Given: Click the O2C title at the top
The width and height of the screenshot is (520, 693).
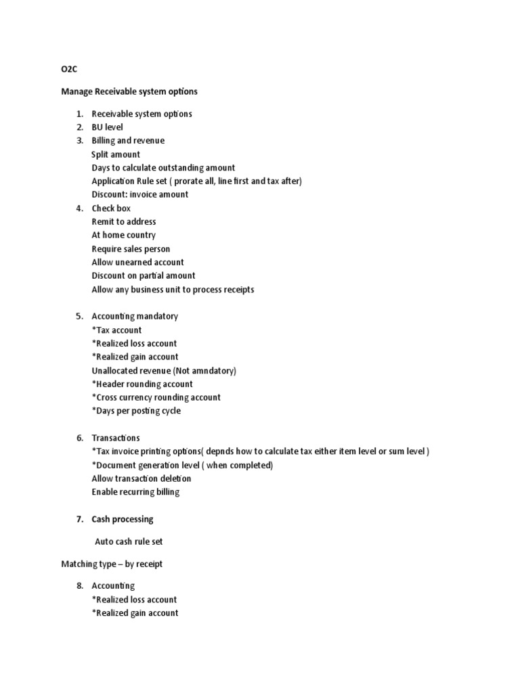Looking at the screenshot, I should (68, 69).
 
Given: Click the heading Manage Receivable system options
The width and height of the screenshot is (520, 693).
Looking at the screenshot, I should (129, 91).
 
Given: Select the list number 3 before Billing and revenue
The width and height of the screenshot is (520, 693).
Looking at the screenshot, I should (79, 141).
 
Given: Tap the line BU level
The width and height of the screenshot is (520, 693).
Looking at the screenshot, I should (108, 127).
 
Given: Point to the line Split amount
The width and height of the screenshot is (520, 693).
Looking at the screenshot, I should (116, 154).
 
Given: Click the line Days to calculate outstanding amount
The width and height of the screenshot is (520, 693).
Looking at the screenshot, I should (163, 168).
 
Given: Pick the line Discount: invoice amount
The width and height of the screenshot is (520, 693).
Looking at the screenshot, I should (140, 195).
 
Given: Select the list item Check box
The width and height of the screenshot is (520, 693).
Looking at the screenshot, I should (111, 208).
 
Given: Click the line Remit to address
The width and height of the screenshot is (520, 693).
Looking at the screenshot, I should (124, 222).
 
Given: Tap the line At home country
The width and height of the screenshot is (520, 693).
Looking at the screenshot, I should (124, 236).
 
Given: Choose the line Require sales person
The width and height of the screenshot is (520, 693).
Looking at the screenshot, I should (131, 249).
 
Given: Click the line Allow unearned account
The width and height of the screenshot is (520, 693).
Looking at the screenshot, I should (138, 263).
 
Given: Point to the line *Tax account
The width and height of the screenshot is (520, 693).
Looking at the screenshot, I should (117, 330).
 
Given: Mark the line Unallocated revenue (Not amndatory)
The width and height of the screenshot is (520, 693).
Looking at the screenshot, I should (164, 371).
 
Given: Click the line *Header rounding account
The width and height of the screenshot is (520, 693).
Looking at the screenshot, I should (142, 384).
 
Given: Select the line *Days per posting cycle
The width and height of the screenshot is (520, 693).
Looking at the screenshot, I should (136, 411).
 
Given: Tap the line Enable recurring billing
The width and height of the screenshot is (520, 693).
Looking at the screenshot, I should (136, 492).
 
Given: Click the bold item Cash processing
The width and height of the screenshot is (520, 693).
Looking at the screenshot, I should (123, 519).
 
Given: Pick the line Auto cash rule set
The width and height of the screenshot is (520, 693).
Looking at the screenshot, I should (129, 541).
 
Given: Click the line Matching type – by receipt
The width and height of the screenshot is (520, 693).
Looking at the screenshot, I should (112, 564).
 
